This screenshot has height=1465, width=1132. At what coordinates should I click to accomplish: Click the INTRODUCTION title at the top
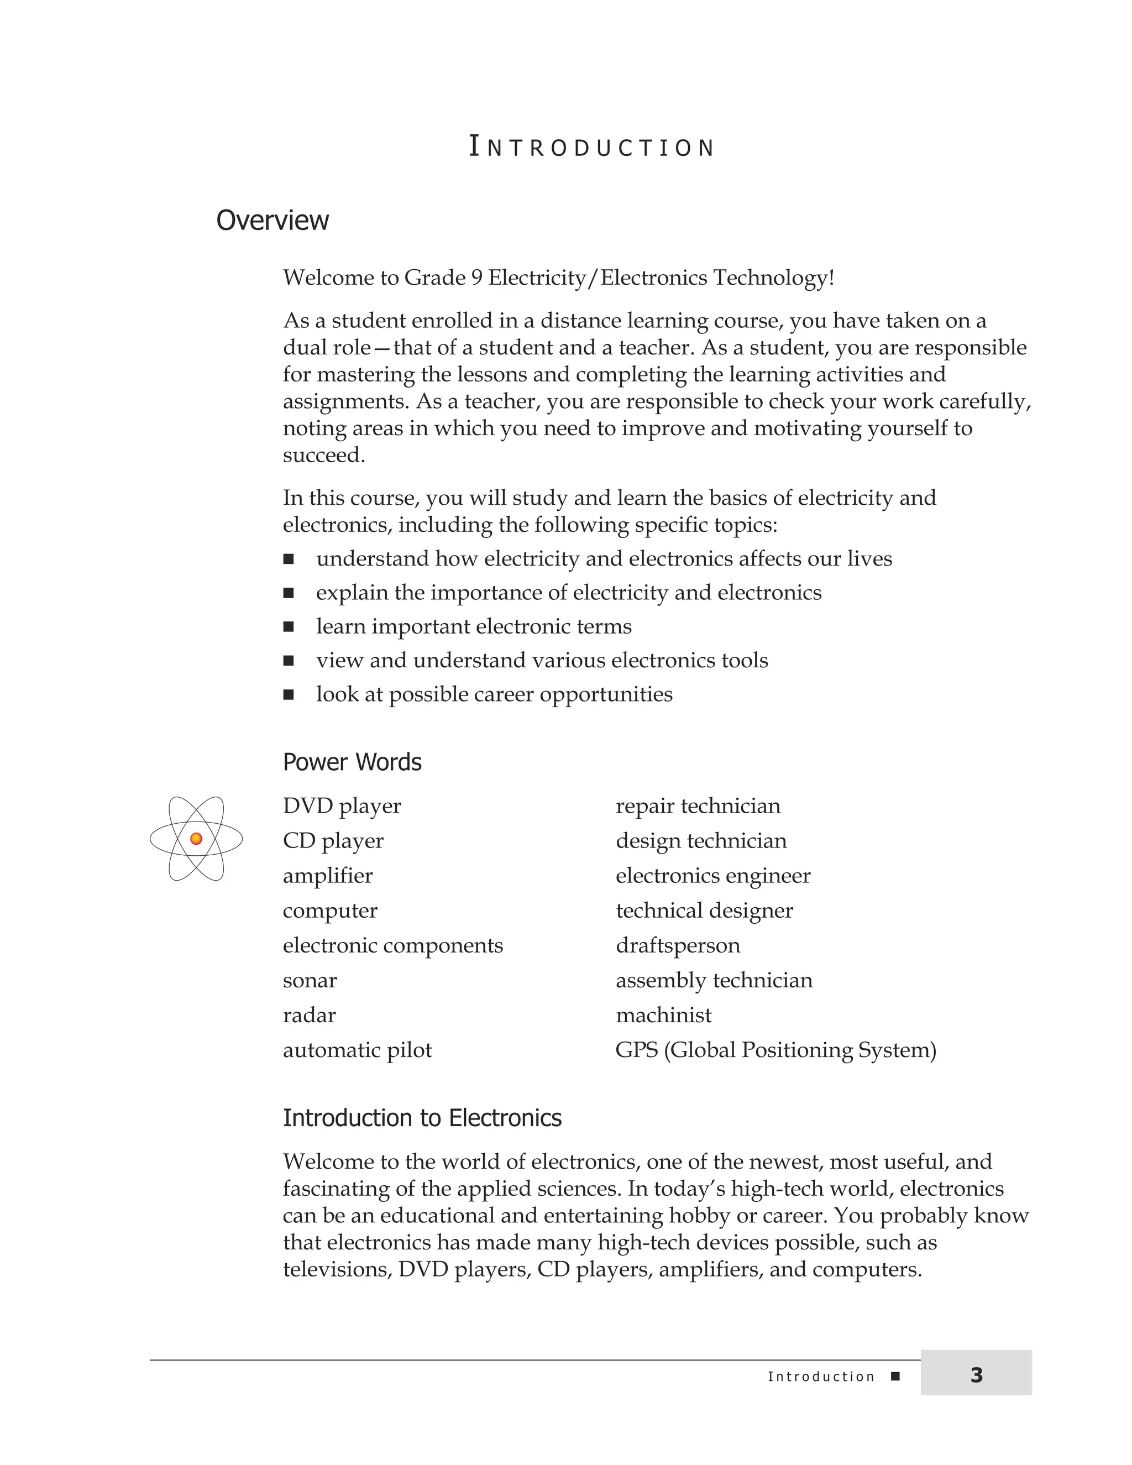point(591,147)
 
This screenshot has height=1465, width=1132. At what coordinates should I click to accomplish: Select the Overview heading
point(272,220)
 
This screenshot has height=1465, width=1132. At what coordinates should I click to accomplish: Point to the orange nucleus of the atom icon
point(196,839)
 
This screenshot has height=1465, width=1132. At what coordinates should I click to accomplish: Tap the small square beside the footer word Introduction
point(895,1377)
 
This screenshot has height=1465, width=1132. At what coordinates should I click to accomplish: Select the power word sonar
point(310,980)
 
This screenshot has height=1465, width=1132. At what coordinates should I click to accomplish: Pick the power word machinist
point(663,1015)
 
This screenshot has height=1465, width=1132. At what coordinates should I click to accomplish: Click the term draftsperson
point(677,945)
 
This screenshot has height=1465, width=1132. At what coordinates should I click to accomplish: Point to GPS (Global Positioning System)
point(775,1050)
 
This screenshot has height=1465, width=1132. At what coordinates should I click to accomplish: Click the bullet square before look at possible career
point(289,694)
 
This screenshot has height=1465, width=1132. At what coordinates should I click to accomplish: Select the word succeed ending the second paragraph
point(323,456)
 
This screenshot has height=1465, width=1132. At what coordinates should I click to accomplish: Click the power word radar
point(309,1015)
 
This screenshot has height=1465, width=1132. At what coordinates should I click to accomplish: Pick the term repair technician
point(698,805)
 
